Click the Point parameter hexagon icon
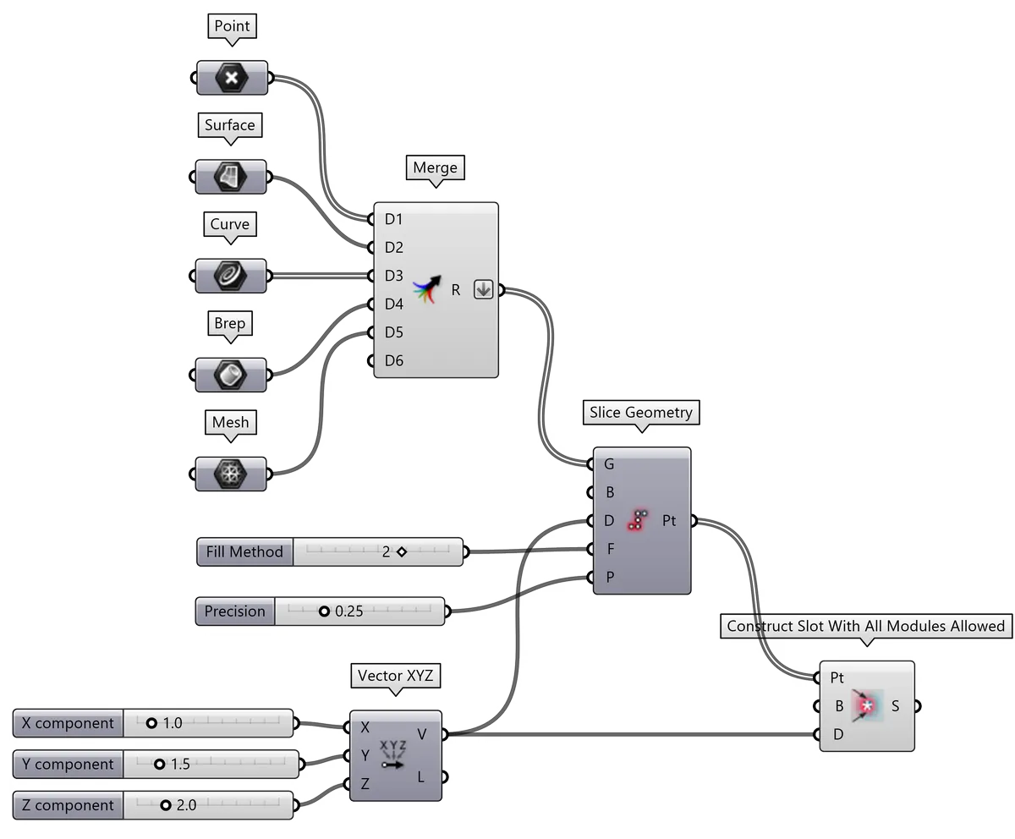[232, 80]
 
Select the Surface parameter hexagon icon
[232, 178]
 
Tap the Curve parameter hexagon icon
[232, 276]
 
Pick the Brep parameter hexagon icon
[232, 374]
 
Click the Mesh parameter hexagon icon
[232, 473]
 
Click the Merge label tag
[435, 167]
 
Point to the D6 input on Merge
[392, 361]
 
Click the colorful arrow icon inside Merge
[428, 289]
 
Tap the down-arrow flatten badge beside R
[483, 289]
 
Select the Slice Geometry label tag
[641, 413]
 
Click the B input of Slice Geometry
[608, 492]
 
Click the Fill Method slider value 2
[386, 552]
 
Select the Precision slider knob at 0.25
[324, 611]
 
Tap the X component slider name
[68, 724]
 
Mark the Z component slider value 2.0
[186, 805]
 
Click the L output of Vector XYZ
[422, 776]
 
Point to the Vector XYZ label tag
[395, 676]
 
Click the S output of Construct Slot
[896, 705]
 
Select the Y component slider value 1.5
[180, 765]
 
